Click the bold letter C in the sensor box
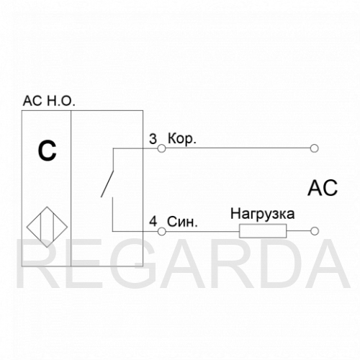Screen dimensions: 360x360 tap(47, 151)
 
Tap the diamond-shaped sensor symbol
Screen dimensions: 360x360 tap(47, 227)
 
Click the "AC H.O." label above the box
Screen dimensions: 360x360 tap(49, 101)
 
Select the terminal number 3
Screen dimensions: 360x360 tap(153, 139)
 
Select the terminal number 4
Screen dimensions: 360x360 tap(153, 222)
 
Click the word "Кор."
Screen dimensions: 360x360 tap(182, 139)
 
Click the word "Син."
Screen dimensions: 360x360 tap(182, 222)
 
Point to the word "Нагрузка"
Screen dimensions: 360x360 tap(263, 214)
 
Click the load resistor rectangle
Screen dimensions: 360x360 tap(263, 231)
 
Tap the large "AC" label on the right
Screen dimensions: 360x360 tap(323, 188)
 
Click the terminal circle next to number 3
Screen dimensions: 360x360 tap(161, 148)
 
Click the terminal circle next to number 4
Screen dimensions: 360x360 tap(161, 231)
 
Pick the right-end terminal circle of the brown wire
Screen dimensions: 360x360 tap(314, 148)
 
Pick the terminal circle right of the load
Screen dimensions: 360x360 tap(314, 231)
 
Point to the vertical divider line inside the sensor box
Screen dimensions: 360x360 tap(71, 189)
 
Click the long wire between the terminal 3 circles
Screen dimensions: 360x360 tap(238, 148)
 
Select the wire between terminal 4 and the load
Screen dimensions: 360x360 tap(202, 232)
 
